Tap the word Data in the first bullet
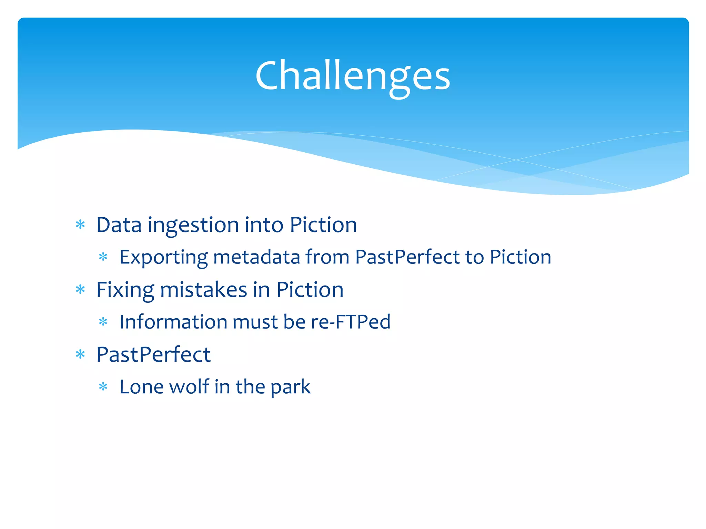point(119,225)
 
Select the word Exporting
point(163,257)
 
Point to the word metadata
point(256,257)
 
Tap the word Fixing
point(125,290)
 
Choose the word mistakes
point(203,290)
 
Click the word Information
point(173,322)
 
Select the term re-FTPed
point(351,322)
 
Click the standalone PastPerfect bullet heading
point(153,354)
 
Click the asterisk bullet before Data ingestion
point(80,225)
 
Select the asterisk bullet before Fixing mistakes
point(80,289)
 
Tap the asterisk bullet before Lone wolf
point(103,386)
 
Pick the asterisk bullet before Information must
point(103,322)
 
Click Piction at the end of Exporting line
point(520,257)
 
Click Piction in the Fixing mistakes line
point(310,290)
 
